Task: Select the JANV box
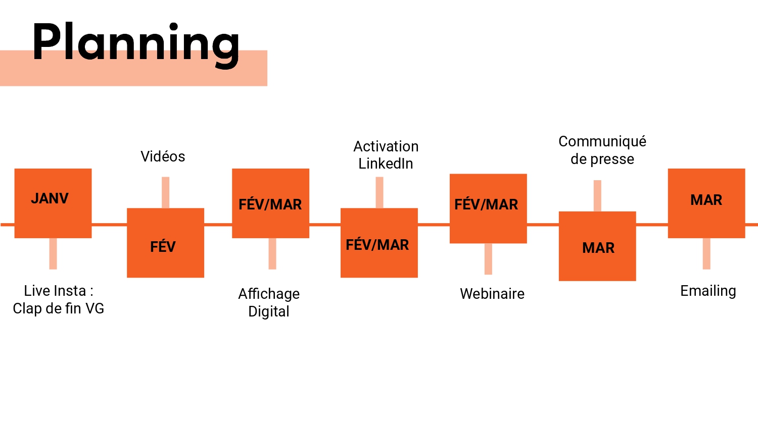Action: pyautogui.click(x=53, y=203)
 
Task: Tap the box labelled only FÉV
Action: pyautogui.click(x=165, y=243)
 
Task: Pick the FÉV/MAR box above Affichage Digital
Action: pyautogui.click(x=270, y=203)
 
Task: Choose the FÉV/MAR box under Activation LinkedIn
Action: pyautogui.click(x=379, y=243)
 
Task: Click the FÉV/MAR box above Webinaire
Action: pyautogui.click(x=488, y=208)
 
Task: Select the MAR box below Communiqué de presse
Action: pyautogui.click(x=597, y=246)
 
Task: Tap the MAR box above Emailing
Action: pyautogui.click(x=706, y=203)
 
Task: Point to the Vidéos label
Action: pyautogui.click(x=163, y=156)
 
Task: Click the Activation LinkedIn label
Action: pyautogui.click(x=386, y=155)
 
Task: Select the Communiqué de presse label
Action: pyautogui.click(x=602, y=150)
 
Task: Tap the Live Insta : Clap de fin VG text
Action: pyautogui.click(x=59, y=299)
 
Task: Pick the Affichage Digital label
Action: pyautogui.click(x=269, y=302)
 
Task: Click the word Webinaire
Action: pyautogui.click(x=492, y=294)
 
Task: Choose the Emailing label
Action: pyautogui.click(x=708, y=291)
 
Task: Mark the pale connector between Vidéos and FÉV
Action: pyautogui.click(x=165, y=192)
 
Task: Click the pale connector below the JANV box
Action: pyautogui.click(x=53, y=253)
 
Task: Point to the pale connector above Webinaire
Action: pyautogui.click(x=488, y=259)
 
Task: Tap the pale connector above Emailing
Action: pyautogui.click(x=706, y=253)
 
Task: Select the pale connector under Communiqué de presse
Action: pyautogui.click(x=597, y=195)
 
